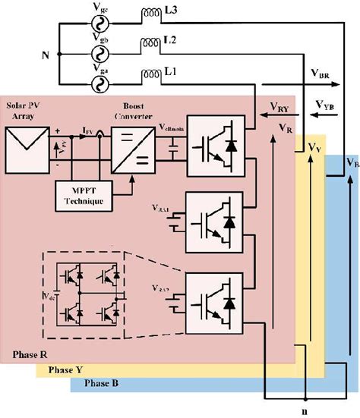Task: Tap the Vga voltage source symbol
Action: coord(98,83)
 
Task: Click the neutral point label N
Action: coord(46,55)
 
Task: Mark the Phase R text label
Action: coord(32,355)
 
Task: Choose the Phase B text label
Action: coord(101,384)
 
